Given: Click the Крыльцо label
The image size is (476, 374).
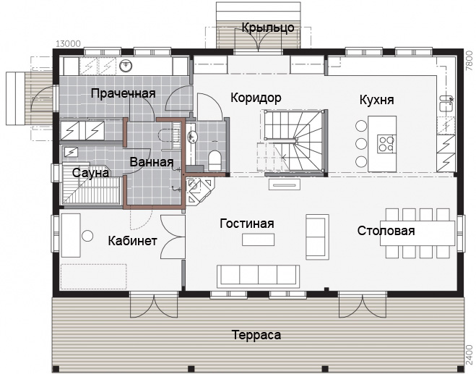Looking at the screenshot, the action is (x=268, y=27).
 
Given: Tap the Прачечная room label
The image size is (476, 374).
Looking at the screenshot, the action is (x=124, y=93).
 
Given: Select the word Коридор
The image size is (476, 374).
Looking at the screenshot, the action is (x=256, y=98).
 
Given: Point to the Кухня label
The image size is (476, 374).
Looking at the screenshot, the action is (x=377, y=100).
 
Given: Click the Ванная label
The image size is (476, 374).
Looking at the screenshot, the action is (x=152, y=162).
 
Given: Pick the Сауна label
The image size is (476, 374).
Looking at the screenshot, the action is (x=90, y=173).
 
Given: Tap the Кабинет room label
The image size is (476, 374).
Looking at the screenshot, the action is (x=133, y=241).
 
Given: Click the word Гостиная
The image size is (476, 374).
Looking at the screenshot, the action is (x=247, y=224).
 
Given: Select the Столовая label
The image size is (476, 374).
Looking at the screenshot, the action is (x=386, y=231).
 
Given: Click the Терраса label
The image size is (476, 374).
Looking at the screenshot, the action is (x=256, y=335).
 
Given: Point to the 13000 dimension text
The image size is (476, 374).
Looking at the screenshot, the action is (x=69, y=44).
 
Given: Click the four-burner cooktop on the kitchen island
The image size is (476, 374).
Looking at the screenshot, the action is (x=386, y=143).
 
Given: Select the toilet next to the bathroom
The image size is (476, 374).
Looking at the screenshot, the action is (x=215, y=161).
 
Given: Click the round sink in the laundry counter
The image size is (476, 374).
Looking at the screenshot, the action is (x=126, y=65).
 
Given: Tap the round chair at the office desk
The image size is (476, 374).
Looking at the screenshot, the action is (x=87, y=236).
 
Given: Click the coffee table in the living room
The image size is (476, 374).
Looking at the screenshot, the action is (x=259, y=239).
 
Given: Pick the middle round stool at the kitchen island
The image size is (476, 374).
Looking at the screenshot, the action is (x=361, y=143).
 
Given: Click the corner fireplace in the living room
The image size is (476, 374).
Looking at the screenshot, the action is (x=199, y=192).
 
